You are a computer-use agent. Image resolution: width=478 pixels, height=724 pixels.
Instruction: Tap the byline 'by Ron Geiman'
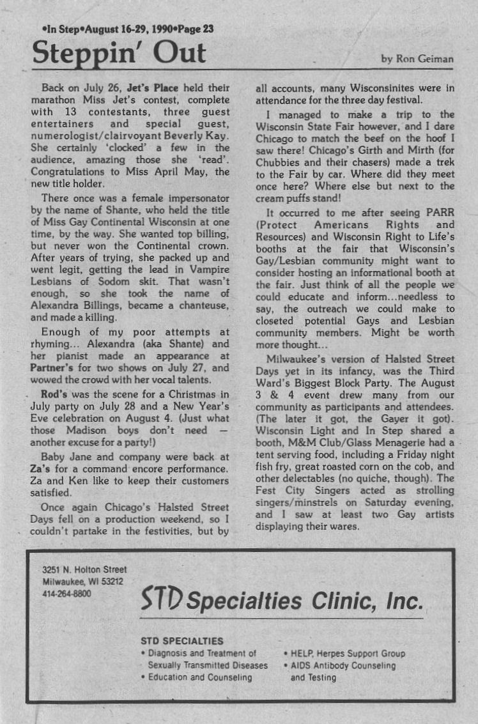click(x=417, y=59)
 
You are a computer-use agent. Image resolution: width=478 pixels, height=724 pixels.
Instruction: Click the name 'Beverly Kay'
click(x=201, y=136)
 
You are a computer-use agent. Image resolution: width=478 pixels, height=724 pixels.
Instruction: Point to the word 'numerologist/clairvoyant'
click(x=95, y=136)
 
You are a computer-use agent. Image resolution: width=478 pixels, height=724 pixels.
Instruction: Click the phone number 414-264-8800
click(x=66, y=594)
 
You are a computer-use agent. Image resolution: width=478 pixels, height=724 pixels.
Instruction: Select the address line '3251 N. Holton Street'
click(x=84, y=569)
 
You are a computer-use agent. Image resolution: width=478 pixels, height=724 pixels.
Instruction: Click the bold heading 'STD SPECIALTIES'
click(x=181, y=641)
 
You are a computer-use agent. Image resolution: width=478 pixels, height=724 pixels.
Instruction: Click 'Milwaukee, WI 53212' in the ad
click(x=82, y=582)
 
